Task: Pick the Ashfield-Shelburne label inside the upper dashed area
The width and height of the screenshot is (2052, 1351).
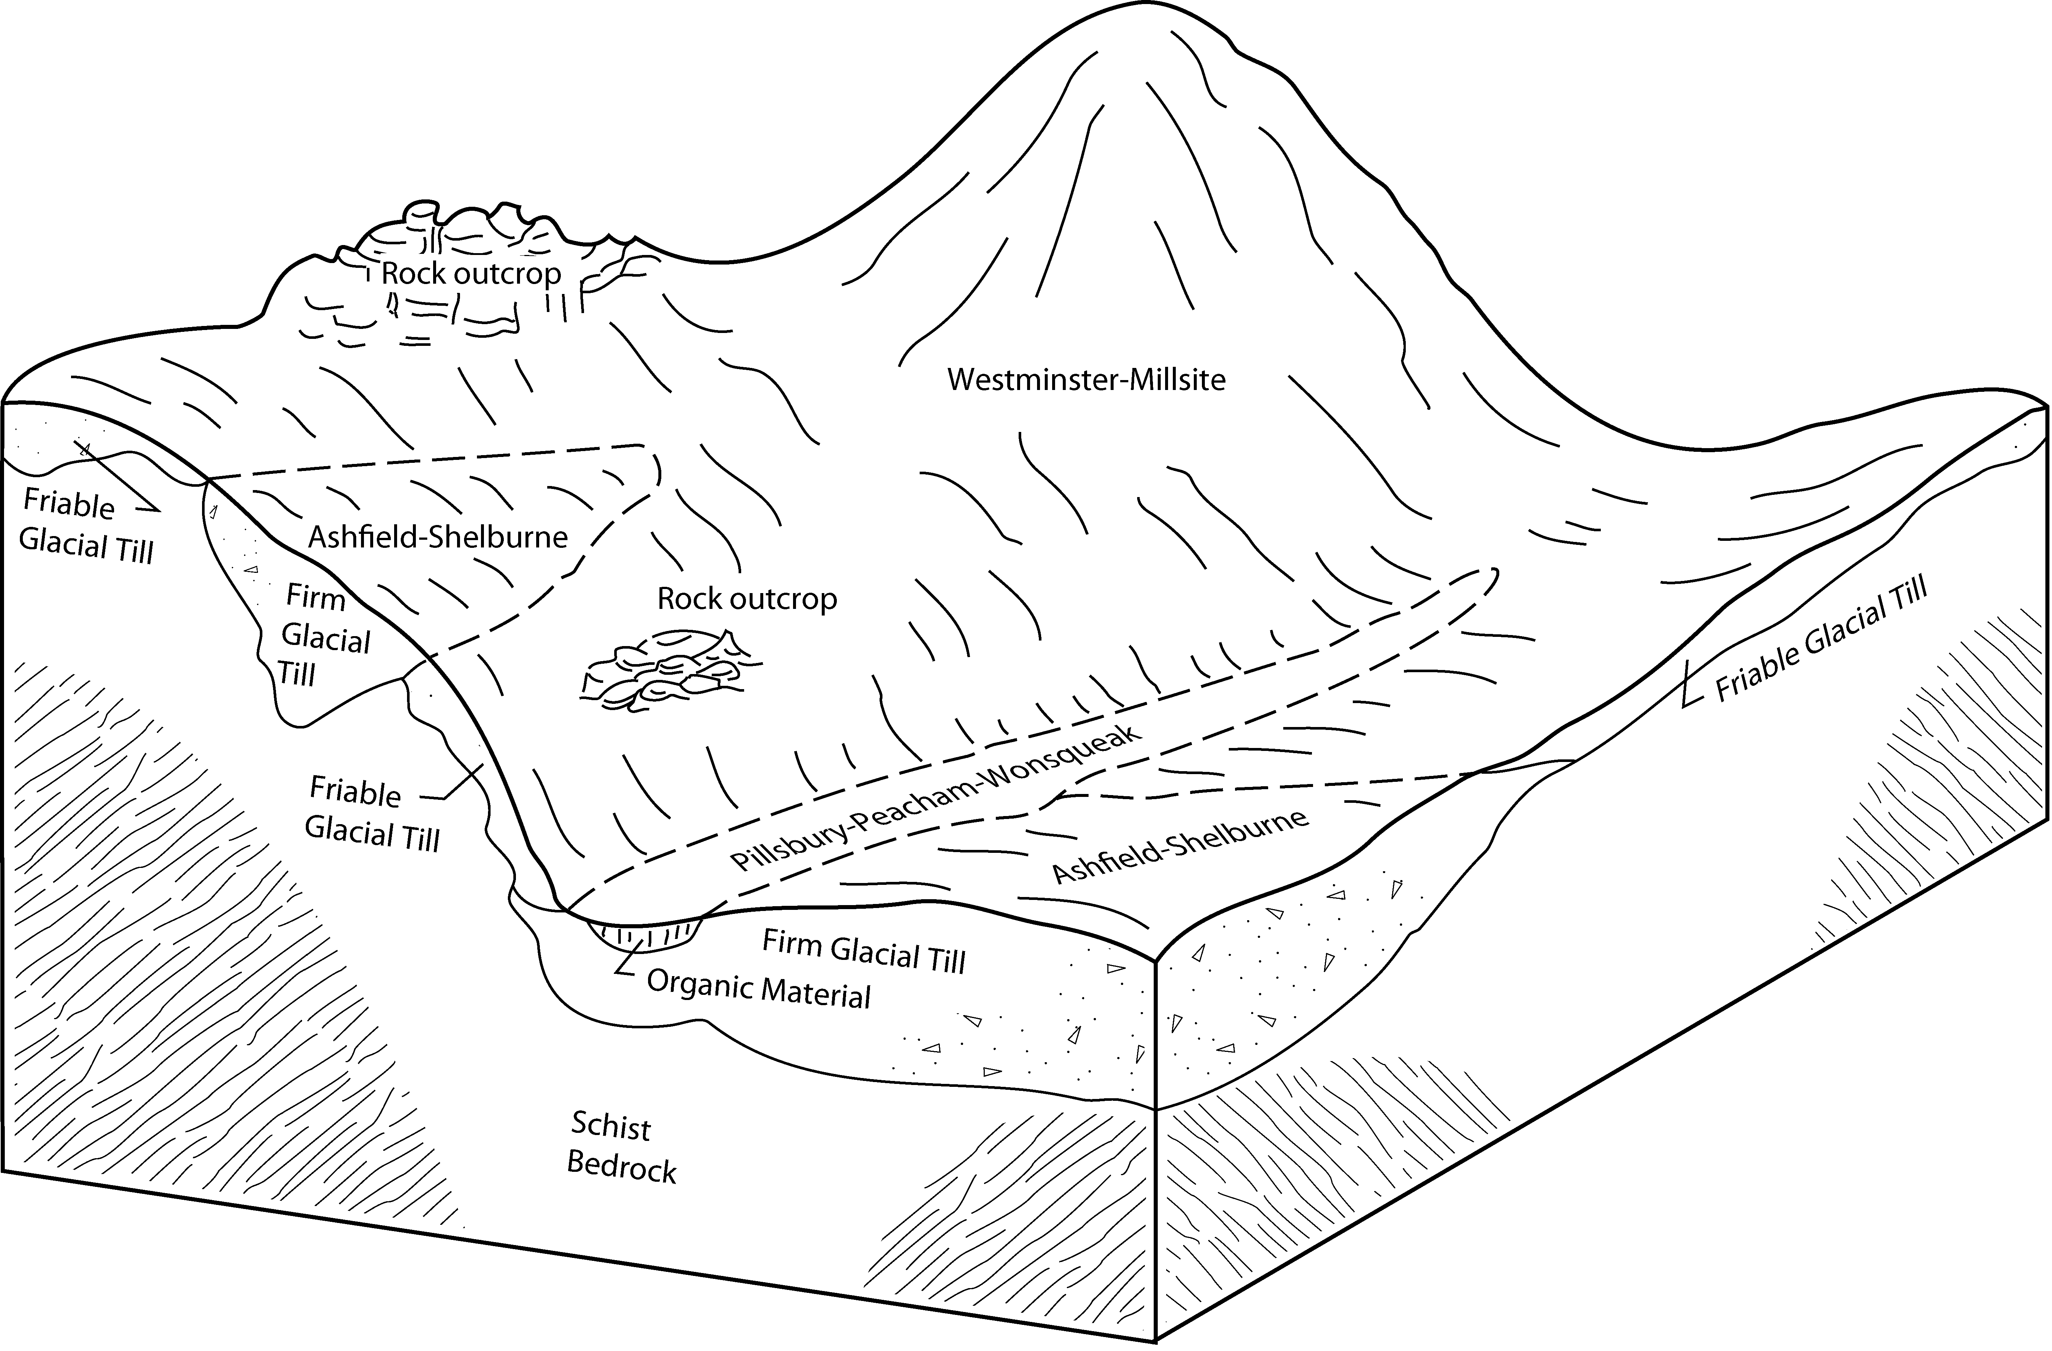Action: (438, 537)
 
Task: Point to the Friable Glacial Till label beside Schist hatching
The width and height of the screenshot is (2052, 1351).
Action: (372, 814)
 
